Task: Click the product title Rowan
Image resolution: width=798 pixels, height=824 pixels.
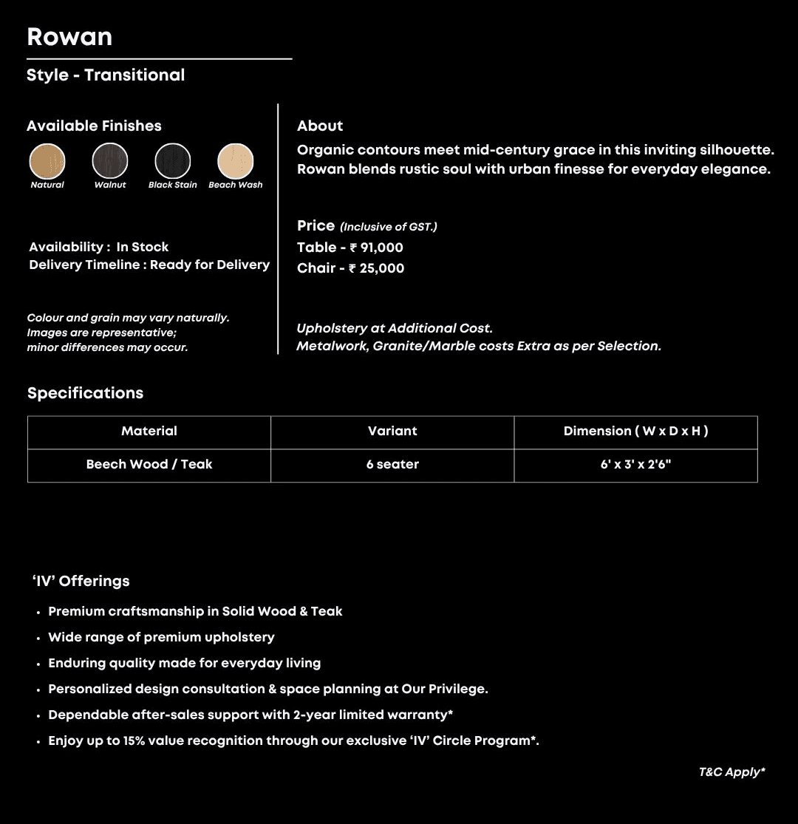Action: click(x=69, y=37)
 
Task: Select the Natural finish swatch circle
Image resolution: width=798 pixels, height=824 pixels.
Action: click(x=47, y=161)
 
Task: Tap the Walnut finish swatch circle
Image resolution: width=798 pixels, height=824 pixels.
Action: click(x=110, y=161)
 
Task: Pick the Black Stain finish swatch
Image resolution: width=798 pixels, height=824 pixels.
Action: click(x=173, y=161)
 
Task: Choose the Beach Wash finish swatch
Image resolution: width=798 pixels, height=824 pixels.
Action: click(x=236, y=161)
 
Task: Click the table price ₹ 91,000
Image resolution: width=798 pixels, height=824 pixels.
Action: click(x=376, y=248)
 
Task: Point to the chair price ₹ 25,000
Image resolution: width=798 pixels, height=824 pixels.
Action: click(x=377, y=268)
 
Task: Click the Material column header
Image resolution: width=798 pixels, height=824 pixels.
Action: click(x=149, y=432)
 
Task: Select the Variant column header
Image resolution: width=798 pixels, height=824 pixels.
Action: click(x=392, y=432)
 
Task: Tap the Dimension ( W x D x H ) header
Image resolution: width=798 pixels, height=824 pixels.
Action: click(x=635, y=432)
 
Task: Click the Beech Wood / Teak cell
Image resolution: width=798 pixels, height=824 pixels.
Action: click(x=149, y=465)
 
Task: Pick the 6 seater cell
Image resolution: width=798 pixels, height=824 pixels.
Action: click(x=392, y=465)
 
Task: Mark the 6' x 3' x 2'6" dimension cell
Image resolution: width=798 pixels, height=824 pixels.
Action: click(x=635, y=465)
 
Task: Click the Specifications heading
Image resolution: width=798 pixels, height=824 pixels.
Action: click(x=86, y=393)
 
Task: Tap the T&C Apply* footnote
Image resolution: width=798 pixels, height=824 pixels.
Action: click(x=731, y=772)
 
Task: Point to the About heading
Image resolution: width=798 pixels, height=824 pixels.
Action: click(x=320, y=126)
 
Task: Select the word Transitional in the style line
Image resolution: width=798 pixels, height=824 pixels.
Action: click(x=134, y=75)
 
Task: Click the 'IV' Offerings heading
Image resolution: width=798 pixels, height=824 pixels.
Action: click(x=81, y=581)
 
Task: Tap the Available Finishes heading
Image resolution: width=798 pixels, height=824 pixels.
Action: click(x=94, y=126)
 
